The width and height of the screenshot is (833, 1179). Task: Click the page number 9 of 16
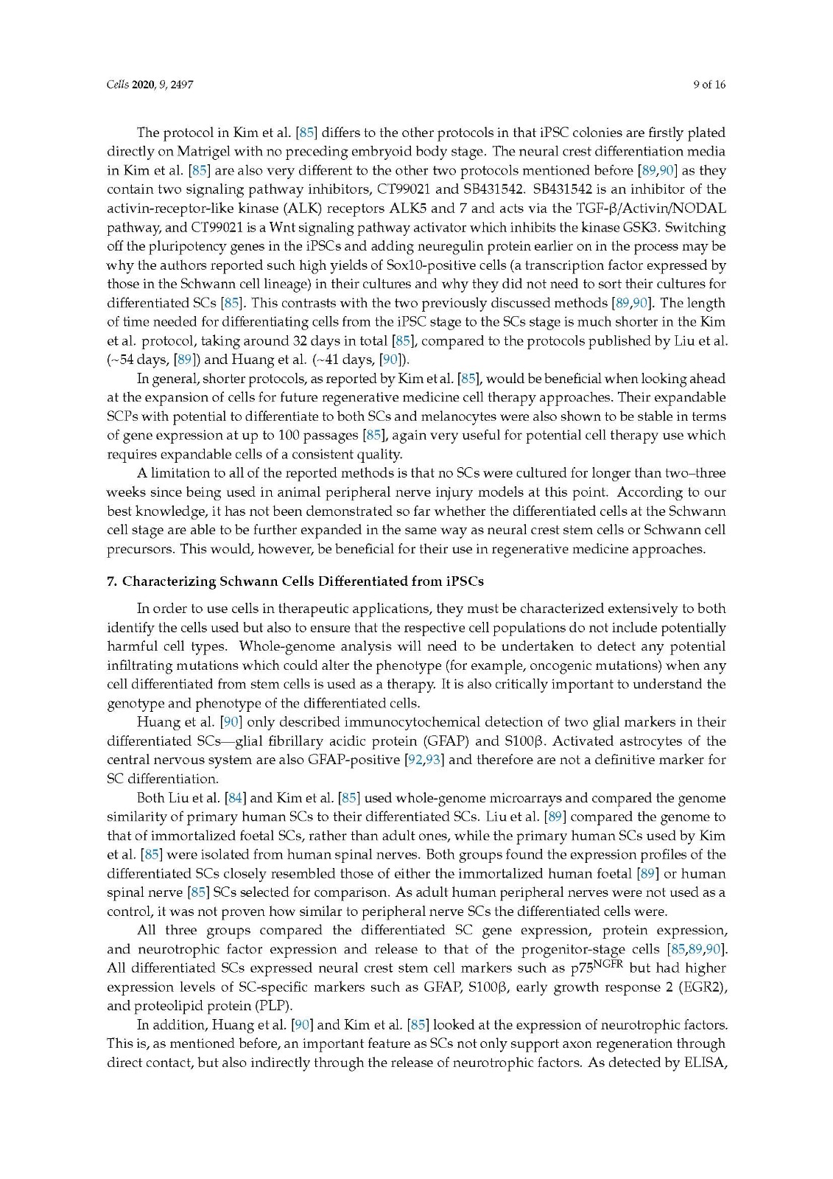coord(709,84)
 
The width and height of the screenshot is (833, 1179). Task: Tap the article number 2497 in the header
coord(181,84)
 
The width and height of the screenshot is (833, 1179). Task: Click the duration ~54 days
coord(130,360)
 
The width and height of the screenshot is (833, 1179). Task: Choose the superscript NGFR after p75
coord(609,962)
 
